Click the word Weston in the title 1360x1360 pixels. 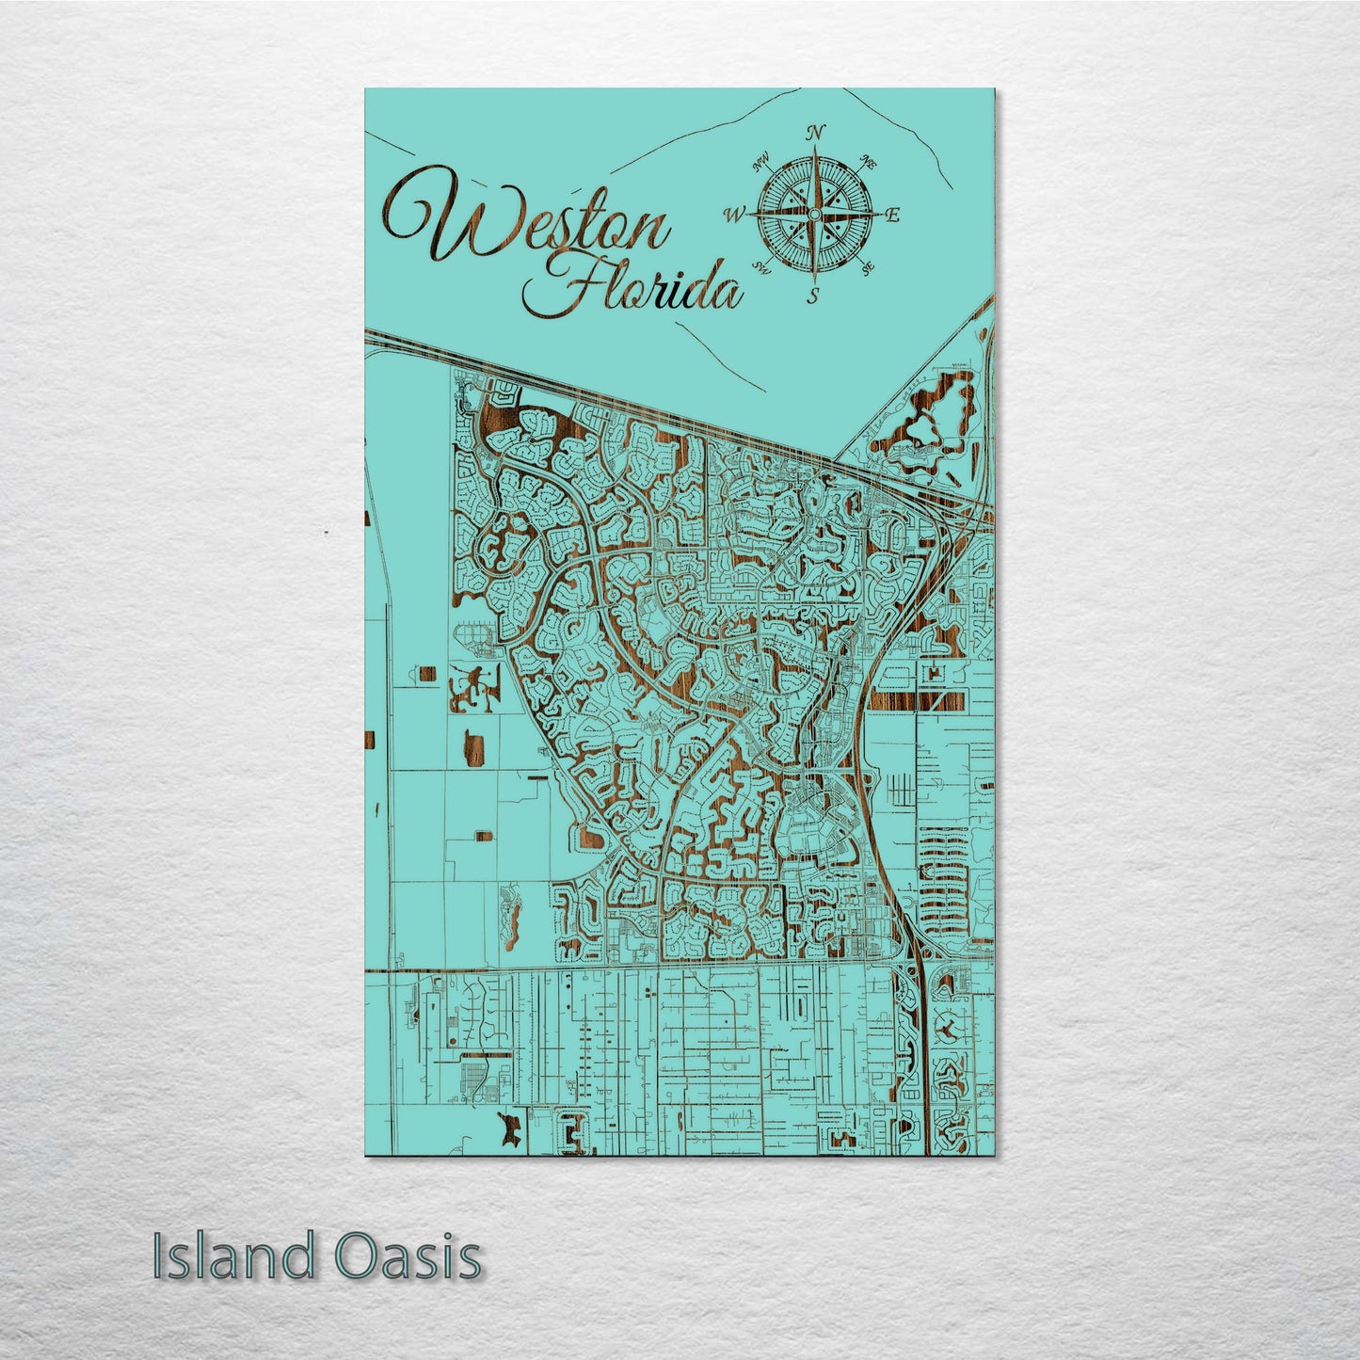[x=527, y=223]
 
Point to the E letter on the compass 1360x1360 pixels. [x=893, y=216]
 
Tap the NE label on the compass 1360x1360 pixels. [x=869, y=164]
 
